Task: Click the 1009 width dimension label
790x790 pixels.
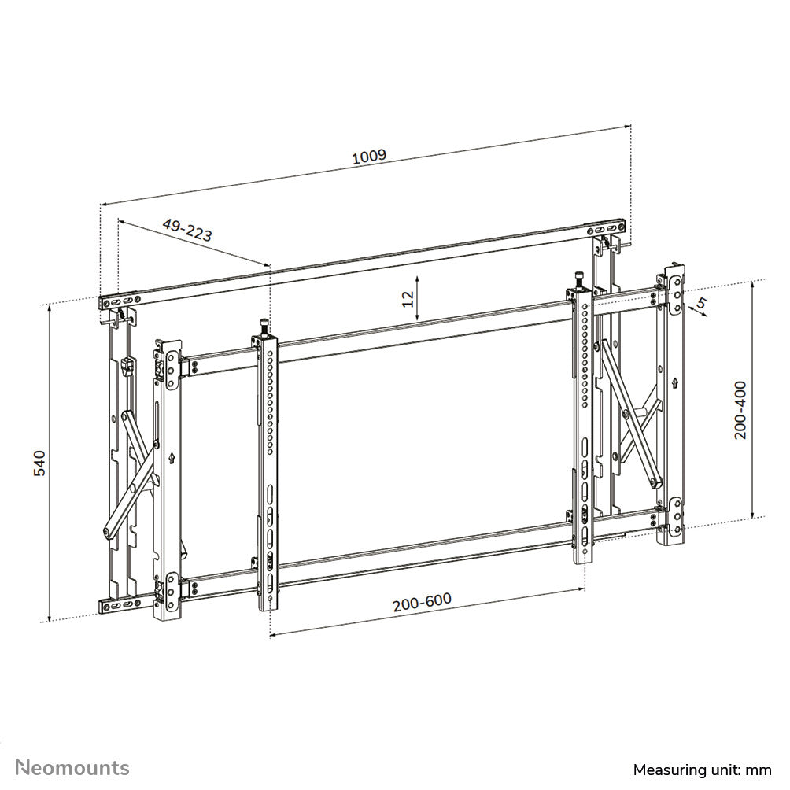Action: point(368,156)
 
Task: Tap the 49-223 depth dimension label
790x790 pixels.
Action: point(187,230)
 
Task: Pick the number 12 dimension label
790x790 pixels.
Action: point(407,298)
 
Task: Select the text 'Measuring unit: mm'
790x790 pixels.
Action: point(702,769)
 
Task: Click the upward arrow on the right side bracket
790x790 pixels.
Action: point(675,383)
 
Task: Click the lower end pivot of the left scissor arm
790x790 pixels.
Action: point(105,532)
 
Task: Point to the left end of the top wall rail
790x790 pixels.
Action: point(106,301)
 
